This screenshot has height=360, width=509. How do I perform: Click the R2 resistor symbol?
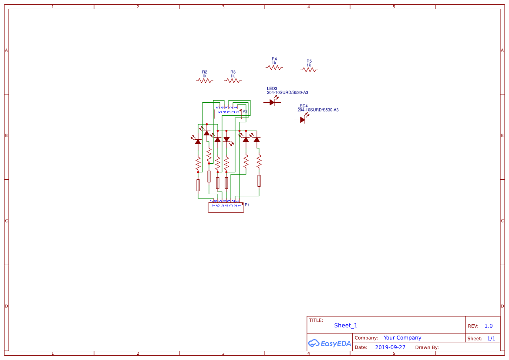(205, 81)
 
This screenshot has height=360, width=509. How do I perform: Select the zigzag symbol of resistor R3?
(233, 81)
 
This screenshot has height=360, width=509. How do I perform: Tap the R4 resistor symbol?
(274, 67)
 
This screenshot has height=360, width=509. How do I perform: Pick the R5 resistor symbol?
(309, 70)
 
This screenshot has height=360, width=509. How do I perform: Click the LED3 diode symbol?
(273, 102)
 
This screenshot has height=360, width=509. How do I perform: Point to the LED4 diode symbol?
(303, 120)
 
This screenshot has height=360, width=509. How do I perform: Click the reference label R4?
(274, 59)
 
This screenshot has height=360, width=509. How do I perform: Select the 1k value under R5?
(309, 65)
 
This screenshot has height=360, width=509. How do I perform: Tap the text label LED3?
(272, 88)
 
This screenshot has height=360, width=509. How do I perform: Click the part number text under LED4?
(318, 110)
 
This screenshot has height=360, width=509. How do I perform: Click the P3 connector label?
(245, 112)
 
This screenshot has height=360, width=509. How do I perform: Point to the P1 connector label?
(247, 205)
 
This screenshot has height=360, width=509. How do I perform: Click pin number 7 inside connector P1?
(213, 205)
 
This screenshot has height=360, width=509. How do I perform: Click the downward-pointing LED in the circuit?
(226, 140)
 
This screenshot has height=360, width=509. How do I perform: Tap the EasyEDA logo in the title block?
(330, 343)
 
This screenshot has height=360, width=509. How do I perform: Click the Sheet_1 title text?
(346, 326)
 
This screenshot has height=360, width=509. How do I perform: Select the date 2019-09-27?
(390, 347)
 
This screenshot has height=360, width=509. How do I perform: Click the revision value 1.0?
(489, 326)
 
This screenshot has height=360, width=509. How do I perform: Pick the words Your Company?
(402, 338)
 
